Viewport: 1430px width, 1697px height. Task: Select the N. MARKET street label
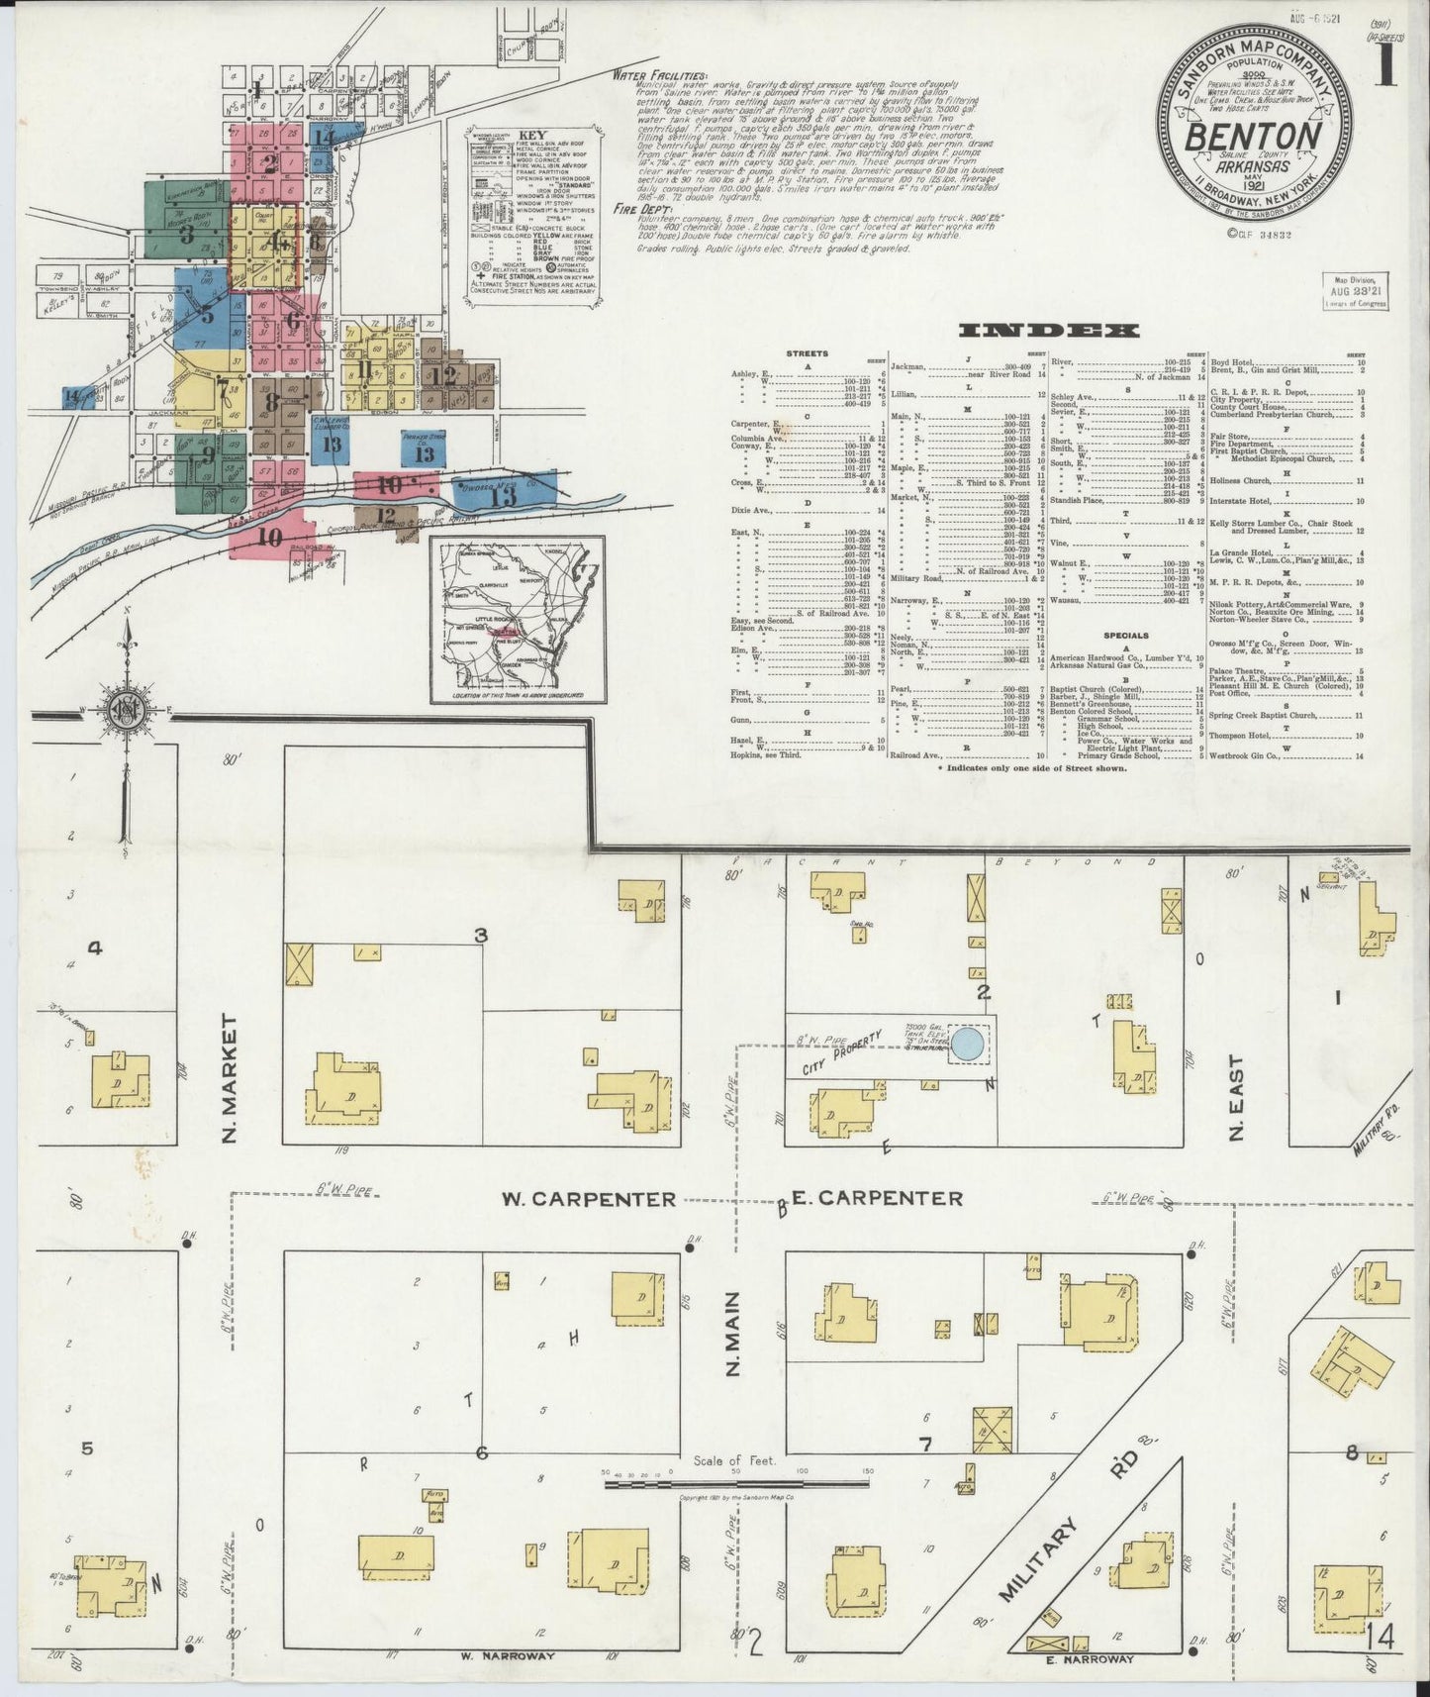pos(230,1076)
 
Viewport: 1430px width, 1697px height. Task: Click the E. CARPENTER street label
pos(878,1199)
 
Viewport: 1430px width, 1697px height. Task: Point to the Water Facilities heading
pos(659,75)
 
